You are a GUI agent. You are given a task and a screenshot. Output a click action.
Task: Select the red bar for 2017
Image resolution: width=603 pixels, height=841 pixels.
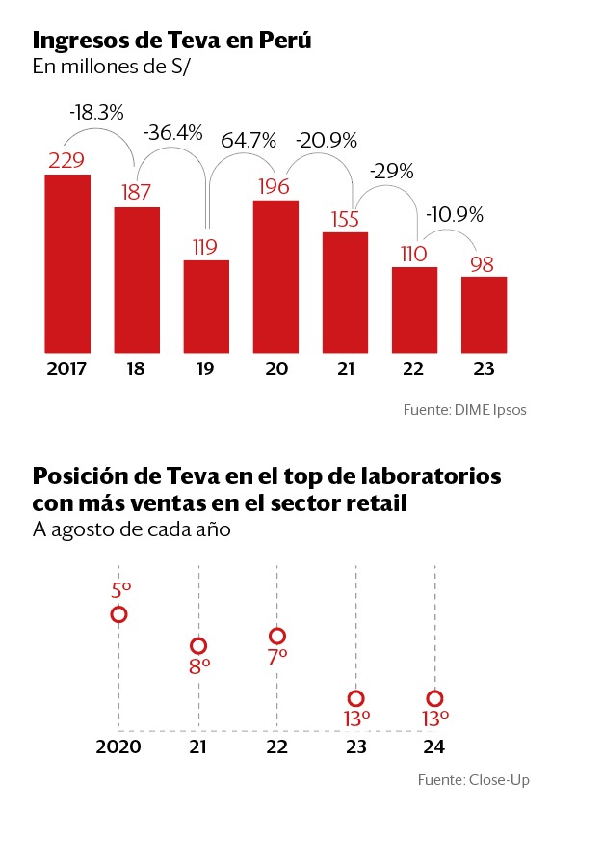[x=67, y=263]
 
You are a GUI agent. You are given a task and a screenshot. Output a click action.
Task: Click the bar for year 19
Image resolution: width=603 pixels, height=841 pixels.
[x=206, y=306]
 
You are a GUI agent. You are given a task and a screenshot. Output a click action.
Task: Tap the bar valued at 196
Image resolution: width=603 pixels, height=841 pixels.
[x=275, y=276]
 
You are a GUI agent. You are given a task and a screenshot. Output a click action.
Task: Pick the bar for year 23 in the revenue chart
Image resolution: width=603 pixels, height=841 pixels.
[x=484, y=314]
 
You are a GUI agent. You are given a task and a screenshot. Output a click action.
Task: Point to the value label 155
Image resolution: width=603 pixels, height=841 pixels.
[x=345, y=219]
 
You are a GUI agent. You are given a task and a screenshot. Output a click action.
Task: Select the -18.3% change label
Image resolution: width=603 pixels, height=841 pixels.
[x=96, y=112]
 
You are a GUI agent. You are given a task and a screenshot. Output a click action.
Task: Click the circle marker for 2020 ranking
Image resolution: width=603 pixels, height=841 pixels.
[x=119, y=614]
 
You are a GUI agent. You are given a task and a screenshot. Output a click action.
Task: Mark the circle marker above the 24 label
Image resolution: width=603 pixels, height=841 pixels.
[x=434, y=698]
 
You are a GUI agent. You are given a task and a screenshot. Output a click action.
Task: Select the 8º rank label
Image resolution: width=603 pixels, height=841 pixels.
[x=199, y=665]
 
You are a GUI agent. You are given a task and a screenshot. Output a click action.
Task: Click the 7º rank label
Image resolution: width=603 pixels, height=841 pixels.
[x=278, y=656]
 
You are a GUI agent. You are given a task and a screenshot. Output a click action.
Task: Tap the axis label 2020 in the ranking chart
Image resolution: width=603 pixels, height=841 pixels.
[x=119, y=746]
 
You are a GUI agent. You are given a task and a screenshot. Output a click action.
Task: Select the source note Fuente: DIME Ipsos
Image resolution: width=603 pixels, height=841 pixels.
[x=464, y=410]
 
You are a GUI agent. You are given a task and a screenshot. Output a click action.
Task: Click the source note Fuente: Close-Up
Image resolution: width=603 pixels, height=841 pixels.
[x=473, y=778]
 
